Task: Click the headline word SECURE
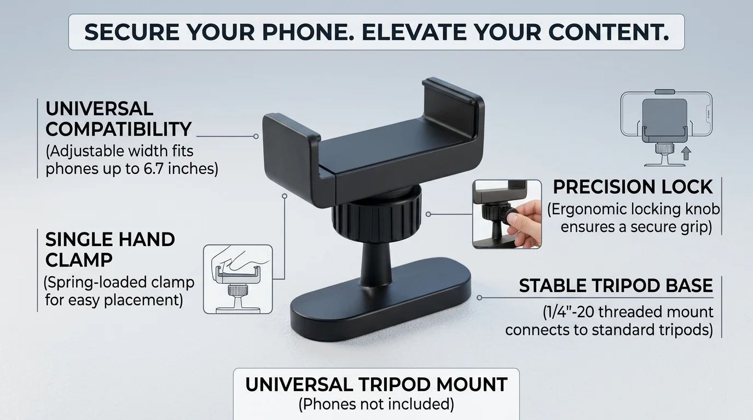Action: (x=132, y=32)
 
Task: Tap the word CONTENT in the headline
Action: (x=609, y=32)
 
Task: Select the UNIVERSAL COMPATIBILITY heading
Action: (x=118, y=119)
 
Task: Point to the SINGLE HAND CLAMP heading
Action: (x=110, y=249)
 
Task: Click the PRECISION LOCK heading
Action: (x=633, y=187)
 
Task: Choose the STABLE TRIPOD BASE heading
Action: (x=616, y=285)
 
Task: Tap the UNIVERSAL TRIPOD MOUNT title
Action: (x=376, y=384)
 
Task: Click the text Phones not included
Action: (x=376, y=404)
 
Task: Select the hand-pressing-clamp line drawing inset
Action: (x=238, y=279)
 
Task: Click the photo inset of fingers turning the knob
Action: (x=507, y=214)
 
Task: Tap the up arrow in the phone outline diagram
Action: (x=686, y=154)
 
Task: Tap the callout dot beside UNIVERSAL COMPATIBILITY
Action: (x=256, y=136)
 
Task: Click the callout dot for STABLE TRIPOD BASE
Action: (x=479, y=297)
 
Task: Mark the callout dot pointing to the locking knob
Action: (x=428, y=214)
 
